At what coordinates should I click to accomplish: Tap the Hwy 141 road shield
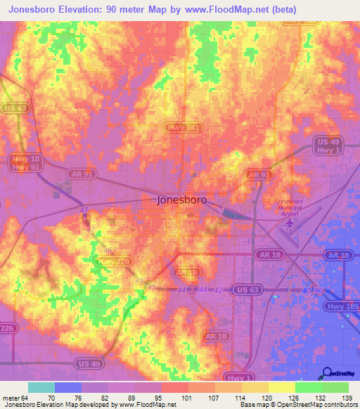coord(186,127)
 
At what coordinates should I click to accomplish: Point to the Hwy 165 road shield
coord(342,306)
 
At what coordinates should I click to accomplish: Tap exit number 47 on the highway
coord(84,210)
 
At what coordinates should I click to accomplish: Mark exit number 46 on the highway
coord(108,249)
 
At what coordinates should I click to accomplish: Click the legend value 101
coord(188,398)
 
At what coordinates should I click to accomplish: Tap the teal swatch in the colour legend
coord(41,387)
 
